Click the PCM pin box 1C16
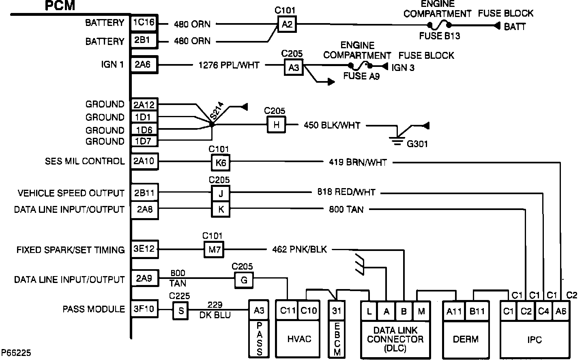pos(144,23)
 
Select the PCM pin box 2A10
pos(144,161)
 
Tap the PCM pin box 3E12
pos(144,249)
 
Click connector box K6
pos(221,163)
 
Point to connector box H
pos(276,125)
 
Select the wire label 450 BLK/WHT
pos(332,125)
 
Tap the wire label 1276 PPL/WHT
pos(229,65)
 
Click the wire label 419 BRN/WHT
pos(358,163)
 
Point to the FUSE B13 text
pos(439,36)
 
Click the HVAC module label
pos(299,339)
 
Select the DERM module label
pos(466,339)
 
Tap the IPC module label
pos(535,339)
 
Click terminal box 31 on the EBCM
pos(337,311)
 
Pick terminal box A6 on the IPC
pos(561,311)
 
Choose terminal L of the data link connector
pos(369,311)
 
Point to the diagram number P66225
pos(16,353)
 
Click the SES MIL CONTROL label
pos(84,161)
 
